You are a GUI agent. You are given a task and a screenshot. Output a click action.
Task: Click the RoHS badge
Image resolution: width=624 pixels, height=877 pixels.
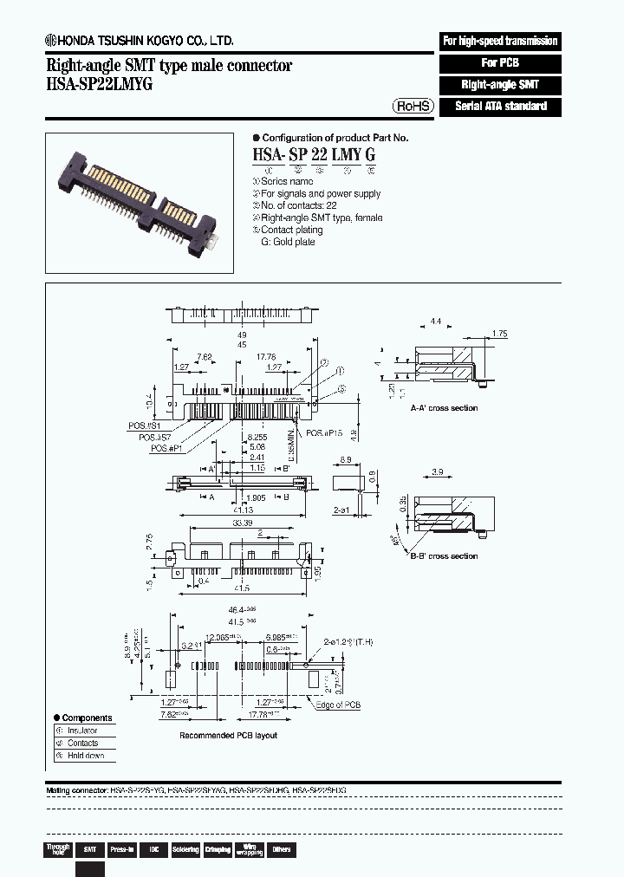tap(413, 106)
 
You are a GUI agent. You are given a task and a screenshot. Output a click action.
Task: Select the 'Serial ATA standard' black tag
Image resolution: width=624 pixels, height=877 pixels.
tap(500, 107)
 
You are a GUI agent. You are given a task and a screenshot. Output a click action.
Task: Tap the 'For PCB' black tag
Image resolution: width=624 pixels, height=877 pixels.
tap(500, 63)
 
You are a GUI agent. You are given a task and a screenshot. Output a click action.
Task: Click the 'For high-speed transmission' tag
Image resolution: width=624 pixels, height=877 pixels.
tap(500, 41)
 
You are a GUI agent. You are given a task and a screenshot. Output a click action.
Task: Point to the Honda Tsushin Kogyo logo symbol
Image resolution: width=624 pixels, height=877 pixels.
tap(51, 41)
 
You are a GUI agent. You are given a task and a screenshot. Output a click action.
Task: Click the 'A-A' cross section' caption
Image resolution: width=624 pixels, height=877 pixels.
tap(445, 408)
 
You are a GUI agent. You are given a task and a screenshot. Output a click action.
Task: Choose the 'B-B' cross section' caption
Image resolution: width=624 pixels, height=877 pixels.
tap(445, 556)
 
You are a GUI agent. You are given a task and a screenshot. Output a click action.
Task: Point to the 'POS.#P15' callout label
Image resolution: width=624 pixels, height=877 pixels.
tap(326, 433)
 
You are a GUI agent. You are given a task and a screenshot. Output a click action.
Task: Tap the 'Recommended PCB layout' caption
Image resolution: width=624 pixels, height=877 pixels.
tap(228, 735)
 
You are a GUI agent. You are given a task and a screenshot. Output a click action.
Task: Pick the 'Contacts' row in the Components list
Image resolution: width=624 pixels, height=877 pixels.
tap(82, 743)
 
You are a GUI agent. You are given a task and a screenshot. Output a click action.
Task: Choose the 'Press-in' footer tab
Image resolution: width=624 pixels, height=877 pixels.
tap(123, 850)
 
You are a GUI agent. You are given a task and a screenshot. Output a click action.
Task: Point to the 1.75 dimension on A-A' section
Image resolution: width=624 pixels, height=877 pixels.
tap(499, 334)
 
